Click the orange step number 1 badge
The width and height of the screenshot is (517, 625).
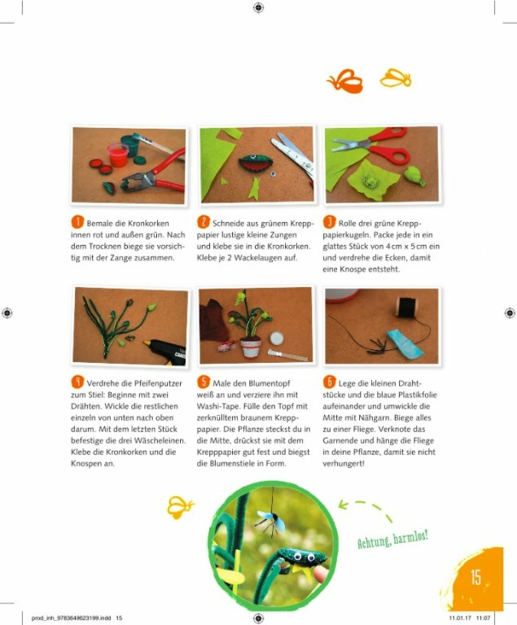[x=77, y=222]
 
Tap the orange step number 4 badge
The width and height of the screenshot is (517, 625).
[x=77, y=382]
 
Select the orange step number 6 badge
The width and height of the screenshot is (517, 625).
[x=329, y=382]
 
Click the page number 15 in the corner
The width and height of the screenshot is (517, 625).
[x=476, y=578]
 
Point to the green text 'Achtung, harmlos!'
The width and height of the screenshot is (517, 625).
[x=393, y=539]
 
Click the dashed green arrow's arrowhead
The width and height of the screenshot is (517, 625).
[x=342, y=506]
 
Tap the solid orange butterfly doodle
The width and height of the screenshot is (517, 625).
[x=345, y=81]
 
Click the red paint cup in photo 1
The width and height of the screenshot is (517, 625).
[x=118, y=155]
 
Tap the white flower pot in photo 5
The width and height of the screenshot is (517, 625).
[x=250, y=346]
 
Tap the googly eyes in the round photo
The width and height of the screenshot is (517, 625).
[x=304, y=555]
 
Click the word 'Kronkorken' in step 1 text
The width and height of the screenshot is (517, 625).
[x=149, y=223]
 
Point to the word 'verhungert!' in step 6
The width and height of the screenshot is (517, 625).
[x=344, y=463]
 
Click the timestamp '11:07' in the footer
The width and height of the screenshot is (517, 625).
[x=483, y=618]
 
